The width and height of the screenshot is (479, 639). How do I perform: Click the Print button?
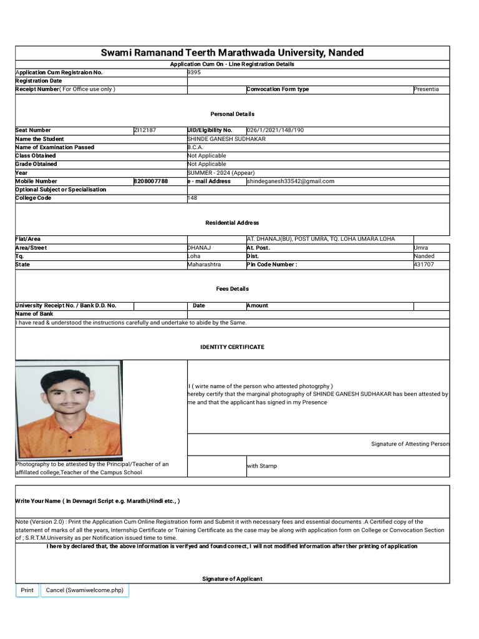point(27,590)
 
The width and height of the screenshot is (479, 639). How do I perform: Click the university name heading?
point(232,53)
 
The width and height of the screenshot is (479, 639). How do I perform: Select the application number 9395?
point(195,72)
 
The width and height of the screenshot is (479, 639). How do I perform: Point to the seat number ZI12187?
point(145,130)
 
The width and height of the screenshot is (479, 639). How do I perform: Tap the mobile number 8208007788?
point(151,181)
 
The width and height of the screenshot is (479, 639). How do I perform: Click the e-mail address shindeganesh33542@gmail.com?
point(291,181)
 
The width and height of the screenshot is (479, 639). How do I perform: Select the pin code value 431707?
point(423,265)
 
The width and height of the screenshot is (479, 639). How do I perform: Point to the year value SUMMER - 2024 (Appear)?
point(221,173)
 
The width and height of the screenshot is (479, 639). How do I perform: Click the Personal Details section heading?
point(232,114)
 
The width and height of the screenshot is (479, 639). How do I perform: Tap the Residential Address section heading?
point(232,223)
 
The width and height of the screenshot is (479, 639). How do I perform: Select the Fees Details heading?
point(232,289)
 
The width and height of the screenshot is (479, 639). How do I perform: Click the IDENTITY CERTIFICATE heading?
point(232,347)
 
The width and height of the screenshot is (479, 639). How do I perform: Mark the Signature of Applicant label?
point(232,579)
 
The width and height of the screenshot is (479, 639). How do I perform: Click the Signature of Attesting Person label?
point(410,444)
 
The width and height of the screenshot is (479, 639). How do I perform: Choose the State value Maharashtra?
point(204,265)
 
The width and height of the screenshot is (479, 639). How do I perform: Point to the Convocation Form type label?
point(278,89)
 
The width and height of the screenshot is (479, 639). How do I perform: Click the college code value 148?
point(193,198)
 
